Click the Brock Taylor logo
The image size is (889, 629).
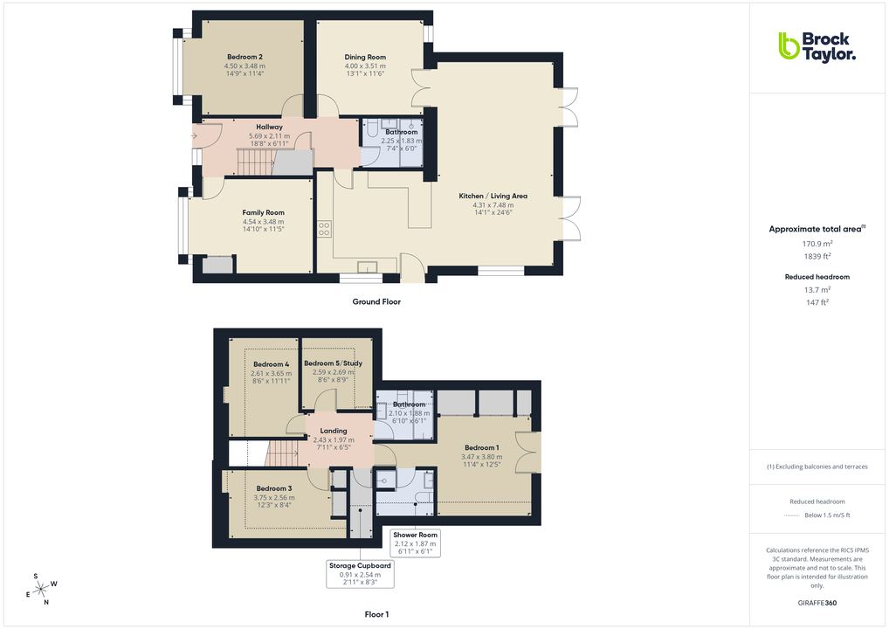click(x=817, y=45)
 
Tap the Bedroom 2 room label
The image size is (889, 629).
click(x=244, y=57)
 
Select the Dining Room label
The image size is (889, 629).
click(x=364, y=58)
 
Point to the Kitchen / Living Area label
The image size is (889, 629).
click(x=493, y=196)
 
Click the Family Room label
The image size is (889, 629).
click(x=263, y=212)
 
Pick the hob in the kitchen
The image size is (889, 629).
click(x=324, y=229)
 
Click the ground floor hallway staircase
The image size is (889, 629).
click(x=256, y=161)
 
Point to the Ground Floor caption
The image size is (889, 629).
click(x=377, y=301)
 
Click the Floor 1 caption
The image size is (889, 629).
click(x=376, y=615)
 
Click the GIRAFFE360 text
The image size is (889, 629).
click(x=817, y=603)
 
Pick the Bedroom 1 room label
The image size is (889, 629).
click(x=482, y=448)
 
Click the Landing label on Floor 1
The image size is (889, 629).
click(x=334, y=431)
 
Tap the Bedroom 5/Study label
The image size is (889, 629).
click(x=333, y=363)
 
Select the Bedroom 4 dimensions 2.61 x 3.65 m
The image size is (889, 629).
click(x=270, y=374)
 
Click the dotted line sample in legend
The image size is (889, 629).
click(x=793, y=515)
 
